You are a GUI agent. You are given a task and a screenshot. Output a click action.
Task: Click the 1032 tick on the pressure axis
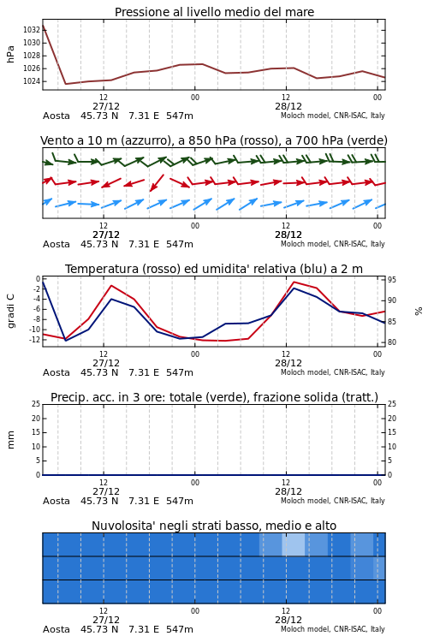31,29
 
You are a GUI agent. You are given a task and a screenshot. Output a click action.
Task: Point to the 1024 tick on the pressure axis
31,81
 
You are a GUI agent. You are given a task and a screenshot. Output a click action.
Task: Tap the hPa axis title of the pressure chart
10,54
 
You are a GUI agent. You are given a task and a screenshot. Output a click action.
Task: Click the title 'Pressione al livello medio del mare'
214,12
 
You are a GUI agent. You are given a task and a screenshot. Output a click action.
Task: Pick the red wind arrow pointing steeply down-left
157,183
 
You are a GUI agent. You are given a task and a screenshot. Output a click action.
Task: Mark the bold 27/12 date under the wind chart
106,235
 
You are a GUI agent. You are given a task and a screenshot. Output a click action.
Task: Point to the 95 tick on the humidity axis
392,280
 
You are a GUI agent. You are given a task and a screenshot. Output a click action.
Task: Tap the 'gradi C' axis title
11,311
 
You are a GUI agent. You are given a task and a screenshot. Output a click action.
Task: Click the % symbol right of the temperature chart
419,312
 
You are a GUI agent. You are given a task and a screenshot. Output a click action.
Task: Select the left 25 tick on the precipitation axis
36,404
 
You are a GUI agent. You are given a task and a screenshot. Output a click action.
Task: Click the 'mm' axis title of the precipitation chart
11,439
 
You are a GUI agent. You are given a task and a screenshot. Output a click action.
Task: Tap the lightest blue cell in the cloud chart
294,544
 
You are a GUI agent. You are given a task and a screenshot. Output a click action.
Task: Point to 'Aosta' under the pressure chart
56,116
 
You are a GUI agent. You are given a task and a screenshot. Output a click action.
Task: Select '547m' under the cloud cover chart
180,629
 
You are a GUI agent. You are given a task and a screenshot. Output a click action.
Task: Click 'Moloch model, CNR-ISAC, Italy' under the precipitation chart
333,501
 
